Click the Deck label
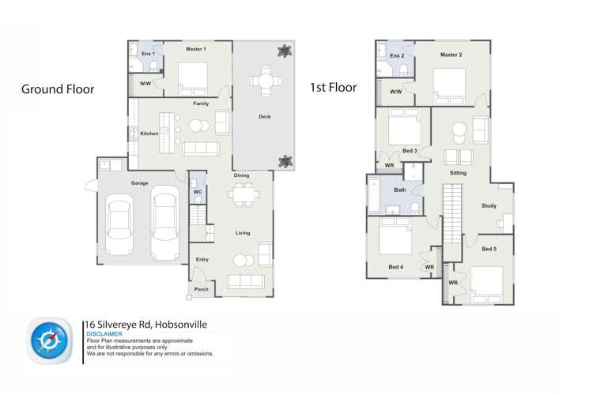265,116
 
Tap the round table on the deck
266,81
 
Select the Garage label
139,183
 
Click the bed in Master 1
193,79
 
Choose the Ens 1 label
149,54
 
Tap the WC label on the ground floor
198,192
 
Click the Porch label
201,289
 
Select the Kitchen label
149,134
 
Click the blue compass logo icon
50,341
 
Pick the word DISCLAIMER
104,334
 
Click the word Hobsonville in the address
181,325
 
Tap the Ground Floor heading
58,89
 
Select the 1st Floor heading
334,88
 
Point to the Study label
489,205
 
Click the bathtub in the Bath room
374,195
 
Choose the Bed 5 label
489,249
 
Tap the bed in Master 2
449,86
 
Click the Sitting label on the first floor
458,173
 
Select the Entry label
202,259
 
